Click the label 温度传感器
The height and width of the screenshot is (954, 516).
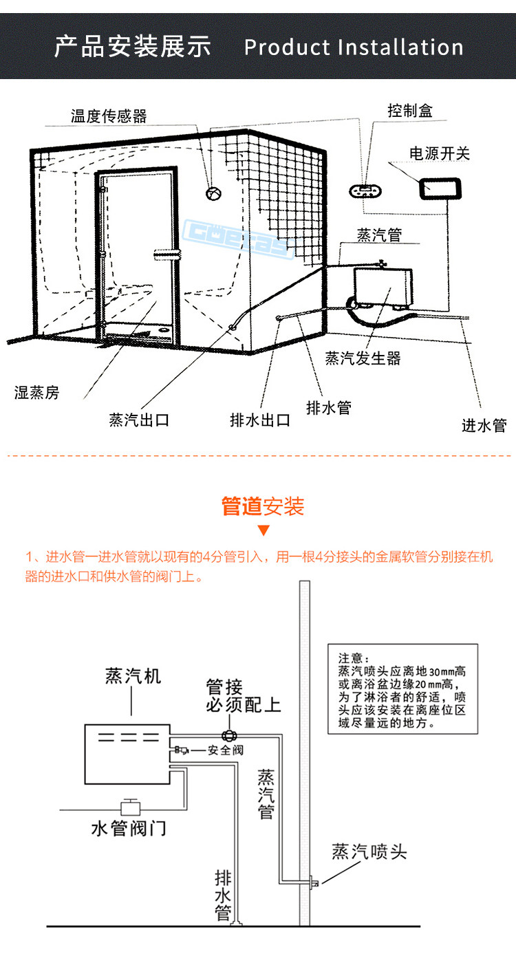click(x=109, y=116)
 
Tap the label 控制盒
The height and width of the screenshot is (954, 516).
click(x=410, y=110)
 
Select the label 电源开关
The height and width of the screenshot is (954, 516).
click(x=440, y=153)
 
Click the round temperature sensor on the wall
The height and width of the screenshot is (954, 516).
click(x=213, y=193)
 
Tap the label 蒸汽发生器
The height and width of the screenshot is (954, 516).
click(x=363, y=358)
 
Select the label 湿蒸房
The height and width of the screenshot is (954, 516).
click(x=37, y=393)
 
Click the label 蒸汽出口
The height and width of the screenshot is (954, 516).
click(x=139, y=420)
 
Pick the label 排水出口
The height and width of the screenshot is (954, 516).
click(x=260, y=420)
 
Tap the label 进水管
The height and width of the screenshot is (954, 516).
click(x=484, y=426)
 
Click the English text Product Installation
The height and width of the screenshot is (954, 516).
click(x=354, y=47)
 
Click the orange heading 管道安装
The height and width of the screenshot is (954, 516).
click(x=262, y=506)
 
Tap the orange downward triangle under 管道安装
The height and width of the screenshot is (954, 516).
click(x=263, y=530)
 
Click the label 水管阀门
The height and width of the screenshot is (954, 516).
click(x=129, y=827)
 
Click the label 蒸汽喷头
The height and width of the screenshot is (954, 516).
click(x=369, y=852)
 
